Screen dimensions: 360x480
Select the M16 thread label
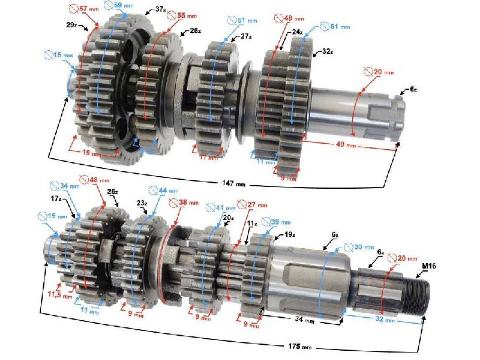coord(428,267)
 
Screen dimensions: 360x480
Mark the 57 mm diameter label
coord(85,8)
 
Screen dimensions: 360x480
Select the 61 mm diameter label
coord(333,26)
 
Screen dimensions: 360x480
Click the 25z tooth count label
coord(113,191)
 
